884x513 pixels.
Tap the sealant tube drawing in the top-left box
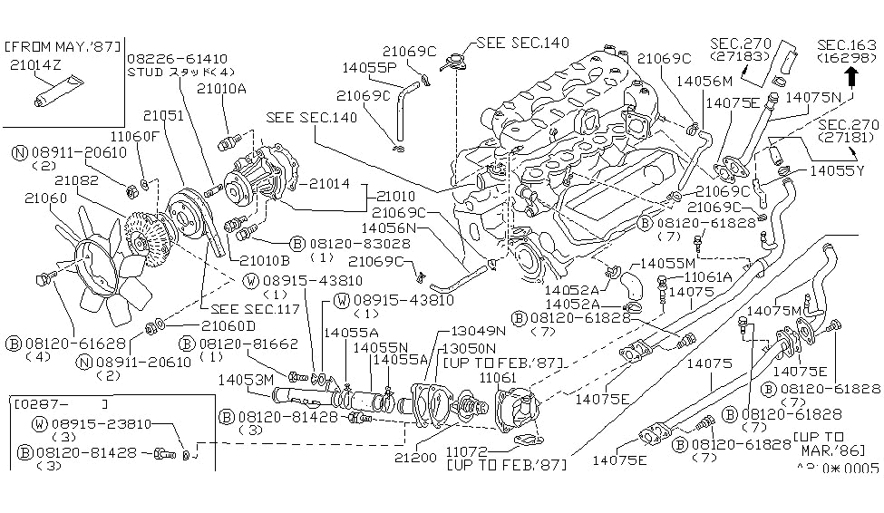pyautogui.click(x=53, y=93)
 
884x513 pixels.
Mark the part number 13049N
pyautogui.click(x=469, y=331)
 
